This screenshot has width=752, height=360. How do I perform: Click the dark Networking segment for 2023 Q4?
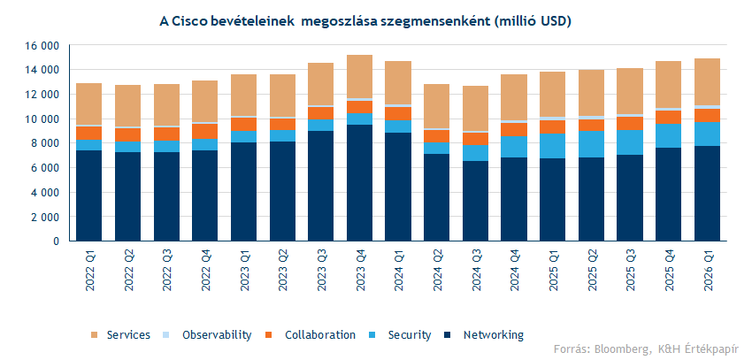point(359,182)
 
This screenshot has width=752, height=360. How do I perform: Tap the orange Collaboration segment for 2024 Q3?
point(476,138)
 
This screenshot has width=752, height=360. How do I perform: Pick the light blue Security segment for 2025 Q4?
point(669,135)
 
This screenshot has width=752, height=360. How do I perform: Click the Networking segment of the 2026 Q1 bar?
point(708,193)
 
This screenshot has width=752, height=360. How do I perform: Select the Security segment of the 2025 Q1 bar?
point(553,146)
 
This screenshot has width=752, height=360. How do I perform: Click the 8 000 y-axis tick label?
point(41,143)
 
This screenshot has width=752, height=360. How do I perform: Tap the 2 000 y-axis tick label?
point(41,217)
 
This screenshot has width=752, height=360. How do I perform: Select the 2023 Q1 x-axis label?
point(243,271)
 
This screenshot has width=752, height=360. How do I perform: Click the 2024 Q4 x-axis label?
point(514,271)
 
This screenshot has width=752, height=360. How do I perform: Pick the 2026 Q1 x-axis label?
point(708,271)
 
